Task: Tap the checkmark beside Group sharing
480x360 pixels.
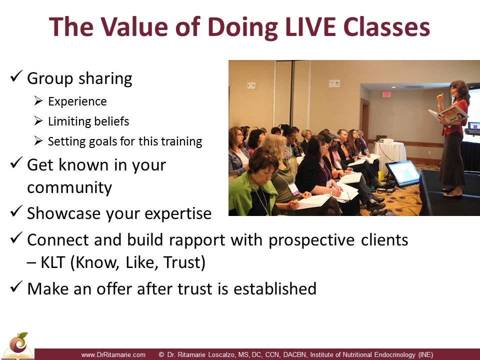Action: click(x=16, y=76)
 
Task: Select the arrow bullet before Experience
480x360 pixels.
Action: click(x=38, y=100)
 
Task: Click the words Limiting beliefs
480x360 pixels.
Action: click(x=88, y=121)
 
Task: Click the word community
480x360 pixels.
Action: click(x=69, y=187)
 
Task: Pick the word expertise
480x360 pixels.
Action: click(x=178, y=214)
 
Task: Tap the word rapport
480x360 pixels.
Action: click(x=197, y=240)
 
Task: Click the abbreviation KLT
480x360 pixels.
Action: click(x=52, y=262)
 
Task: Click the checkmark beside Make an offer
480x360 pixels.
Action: click(x=16, y=287)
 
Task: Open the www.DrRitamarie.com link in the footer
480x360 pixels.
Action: click(x=113, y=355)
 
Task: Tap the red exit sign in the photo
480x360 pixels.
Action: click(x=386, y=94)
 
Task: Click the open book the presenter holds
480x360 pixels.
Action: click(x=449, y=114)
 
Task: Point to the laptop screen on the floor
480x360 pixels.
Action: click(x=402, y=173)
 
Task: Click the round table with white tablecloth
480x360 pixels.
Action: click(x=389, y=154)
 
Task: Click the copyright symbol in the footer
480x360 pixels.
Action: click(x=161, y=355)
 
